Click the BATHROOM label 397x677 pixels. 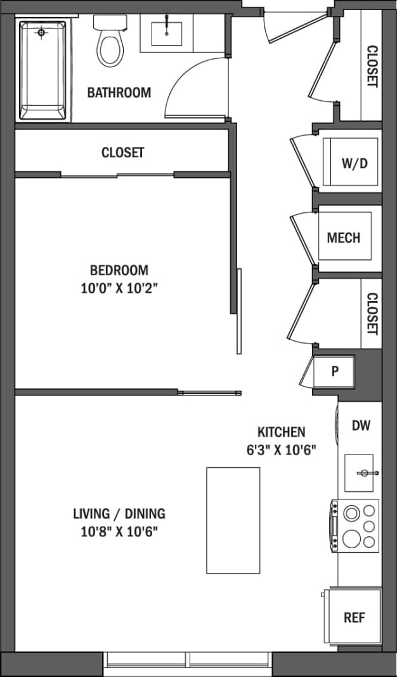pyautogui.click(x=119, y=93)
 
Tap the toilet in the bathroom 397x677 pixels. pyautogui.click(x=110, y=46)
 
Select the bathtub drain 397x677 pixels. pyautogui.click(x=42, y=32)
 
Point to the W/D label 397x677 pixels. pyautogui.click(x=355, y=164)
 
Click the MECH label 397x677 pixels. pyautogui.click(x=344, y=238)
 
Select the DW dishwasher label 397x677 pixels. pyautogui.click(x=361, y=425)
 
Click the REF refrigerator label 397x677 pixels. pyautogui.click(x=355, y=617)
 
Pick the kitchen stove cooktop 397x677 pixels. pyautogui.click(x=356, y=525)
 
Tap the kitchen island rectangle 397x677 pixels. pyautogui.click(x=233, y=520)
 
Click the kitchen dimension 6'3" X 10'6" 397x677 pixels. pyautogui.click(x=281, y=450)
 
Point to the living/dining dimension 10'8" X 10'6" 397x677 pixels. pyautogui.click(x=119, y=531)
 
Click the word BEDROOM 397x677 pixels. pyautogui.click(x=119, y=271)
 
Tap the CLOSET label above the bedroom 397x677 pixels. pyautogui.click(x=122, y=153)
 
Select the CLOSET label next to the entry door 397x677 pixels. pyautogui.click(x=372, y=67)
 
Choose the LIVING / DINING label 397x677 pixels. pyautogui.click(x=119, y=513)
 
